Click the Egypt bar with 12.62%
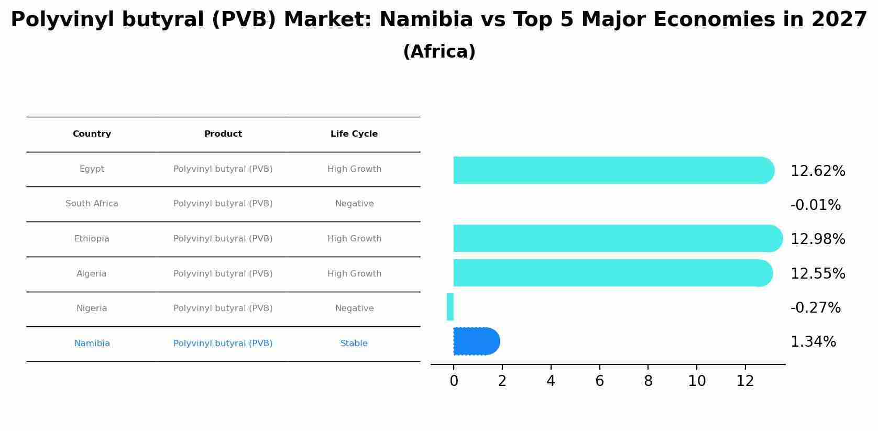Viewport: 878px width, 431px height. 613,170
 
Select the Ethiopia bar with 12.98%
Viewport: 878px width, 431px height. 617,238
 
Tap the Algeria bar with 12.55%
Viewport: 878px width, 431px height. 612,273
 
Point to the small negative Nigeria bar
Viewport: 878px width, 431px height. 450,307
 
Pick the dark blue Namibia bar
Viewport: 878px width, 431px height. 476,341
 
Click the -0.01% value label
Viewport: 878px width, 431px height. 815,205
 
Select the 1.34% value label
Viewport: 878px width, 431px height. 813,342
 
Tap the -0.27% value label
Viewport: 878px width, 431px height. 815,308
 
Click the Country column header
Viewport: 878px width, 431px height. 92,134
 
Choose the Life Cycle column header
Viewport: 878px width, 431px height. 354,134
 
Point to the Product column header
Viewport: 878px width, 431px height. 223,134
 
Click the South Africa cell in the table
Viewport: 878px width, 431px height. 92,204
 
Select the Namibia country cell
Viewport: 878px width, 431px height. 92,344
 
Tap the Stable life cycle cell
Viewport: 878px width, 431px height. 354,344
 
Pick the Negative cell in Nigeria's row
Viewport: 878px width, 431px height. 354,308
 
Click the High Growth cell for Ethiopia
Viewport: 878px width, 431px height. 354,239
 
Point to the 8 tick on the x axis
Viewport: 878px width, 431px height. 648,381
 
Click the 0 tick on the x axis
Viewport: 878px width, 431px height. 454,381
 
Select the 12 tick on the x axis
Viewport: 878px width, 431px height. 745,381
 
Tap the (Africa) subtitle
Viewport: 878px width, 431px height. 439,52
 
